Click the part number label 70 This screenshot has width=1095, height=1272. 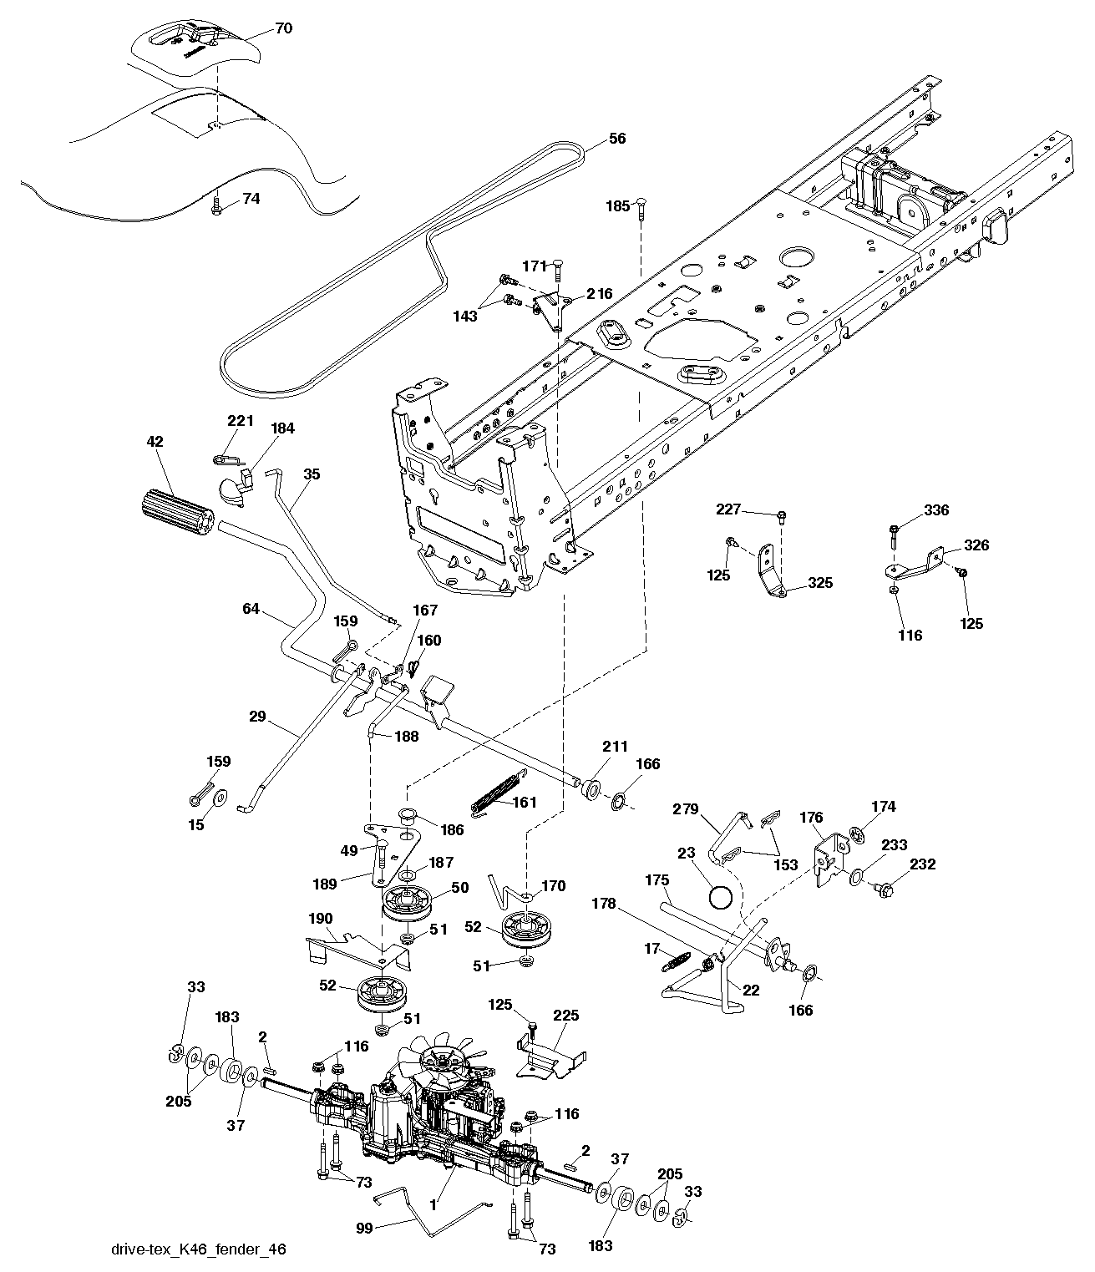tap(283, 28)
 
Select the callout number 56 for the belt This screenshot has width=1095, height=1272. tap(616, 139)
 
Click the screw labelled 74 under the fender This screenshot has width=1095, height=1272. tap(216, 205)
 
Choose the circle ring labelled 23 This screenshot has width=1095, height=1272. tap(720, 898)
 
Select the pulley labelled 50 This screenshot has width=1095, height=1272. tap(409, 904)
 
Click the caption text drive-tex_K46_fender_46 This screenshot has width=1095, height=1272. tap(198, 1249)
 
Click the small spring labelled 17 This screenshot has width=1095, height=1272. tap(675, 962)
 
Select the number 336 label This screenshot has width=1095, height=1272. tap(936, 510)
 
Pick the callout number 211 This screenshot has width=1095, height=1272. tap(614, 746)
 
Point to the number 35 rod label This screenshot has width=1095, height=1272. tap(312, 474)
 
